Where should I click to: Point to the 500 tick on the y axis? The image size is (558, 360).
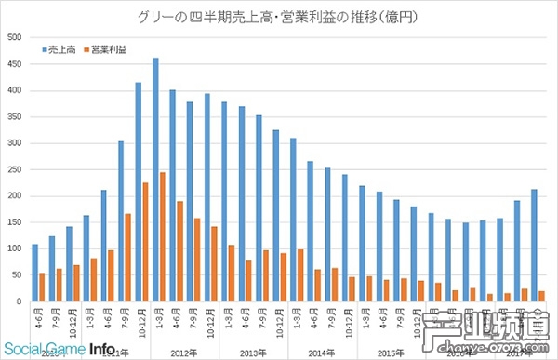[15, 37]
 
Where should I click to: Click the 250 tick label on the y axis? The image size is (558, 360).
[15, 169]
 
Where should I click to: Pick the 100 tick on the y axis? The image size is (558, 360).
[15, 248]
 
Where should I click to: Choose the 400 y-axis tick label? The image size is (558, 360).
[15, 90]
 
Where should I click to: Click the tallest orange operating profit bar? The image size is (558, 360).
[163, 236]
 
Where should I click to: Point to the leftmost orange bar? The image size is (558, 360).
[43, 287]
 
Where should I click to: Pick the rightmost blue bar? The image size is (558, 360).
[535, 246]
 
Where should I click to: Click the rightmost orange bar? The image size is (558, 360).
[542, 296]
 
